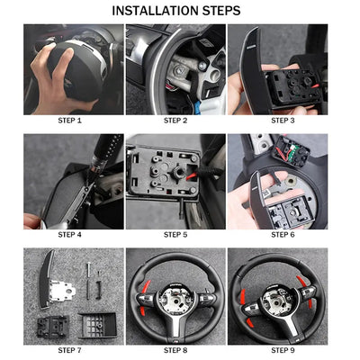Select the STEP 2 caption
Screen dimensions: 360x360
pos(175,119)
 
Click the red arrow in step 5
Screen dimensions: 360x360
pos(191,175)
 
